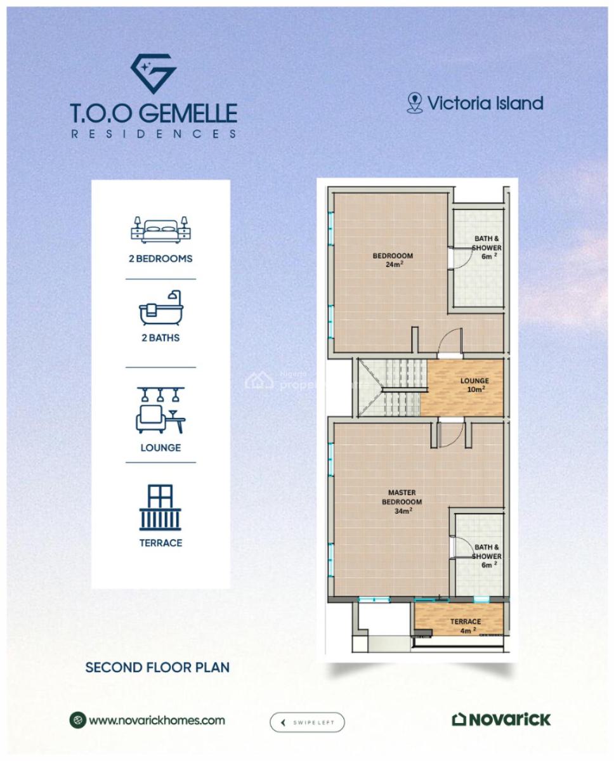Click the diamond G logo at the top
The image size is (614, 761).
click(153, 74)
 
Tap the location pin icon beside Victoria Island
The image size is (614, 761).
click(414, 103)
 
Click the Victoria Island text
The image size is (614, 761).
click(485, 103)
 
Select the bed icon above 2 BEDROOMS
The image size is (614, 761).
click(160, 230)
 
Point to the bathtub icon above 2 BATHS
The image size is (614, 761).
click(160, 309)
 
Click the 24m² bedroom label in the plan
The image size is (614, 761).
click(393, 260)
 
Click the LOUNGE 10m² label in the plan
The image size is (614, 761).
click(474, 384)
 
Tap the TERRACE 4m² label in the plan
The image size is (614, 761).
click(466, 625)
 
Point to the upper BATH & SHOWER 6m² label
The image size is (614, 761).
click(487, 247)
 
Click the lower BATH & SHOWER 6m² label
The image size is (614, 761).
click(487, 555)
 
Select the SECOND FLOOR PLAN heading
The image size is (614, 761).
click(157, 667)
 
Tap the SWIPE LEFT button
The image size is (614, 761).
click(307, 722)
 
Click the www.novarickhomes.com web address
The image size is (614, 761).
click(157, 720)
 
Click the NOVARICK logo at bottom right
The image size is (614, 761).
click(501, 719)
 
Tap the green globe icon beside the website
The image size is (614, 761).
click(77, 720)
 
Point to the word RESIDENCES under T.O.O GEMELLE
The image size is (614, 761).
click(153, 134)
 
